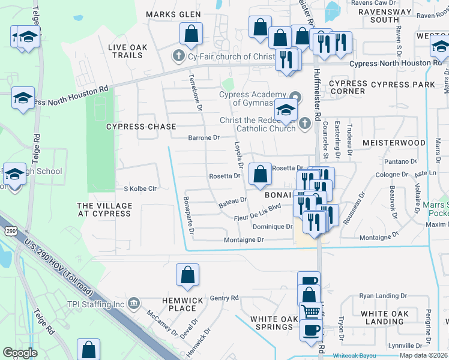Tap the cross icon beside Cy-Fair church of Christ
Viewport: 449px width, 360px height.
point(178,56)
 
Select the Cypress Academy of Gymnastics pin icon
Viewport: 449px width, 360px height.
point(295,96)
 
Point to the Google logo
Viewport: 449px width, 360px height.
point(20,353)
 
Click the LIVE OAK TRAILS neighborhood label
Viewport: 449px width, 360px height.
point(125,51)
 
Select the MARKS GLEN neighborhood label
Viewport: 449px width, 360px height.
point(172,14)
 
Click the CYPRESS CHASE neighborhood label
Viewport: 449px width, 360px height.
point(142,127)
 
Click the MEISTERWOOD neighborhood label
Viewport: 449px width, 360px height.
point(394,143)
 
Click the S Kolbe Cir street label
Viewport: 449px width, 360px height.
point(140,188)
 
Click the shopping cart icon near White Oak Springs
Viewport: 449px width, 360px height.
point(310,311)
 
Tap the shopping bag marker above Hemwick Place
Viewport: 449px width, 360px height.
point(187,275)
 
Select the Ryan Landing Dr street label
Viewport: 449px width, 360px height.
point(383,296)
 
